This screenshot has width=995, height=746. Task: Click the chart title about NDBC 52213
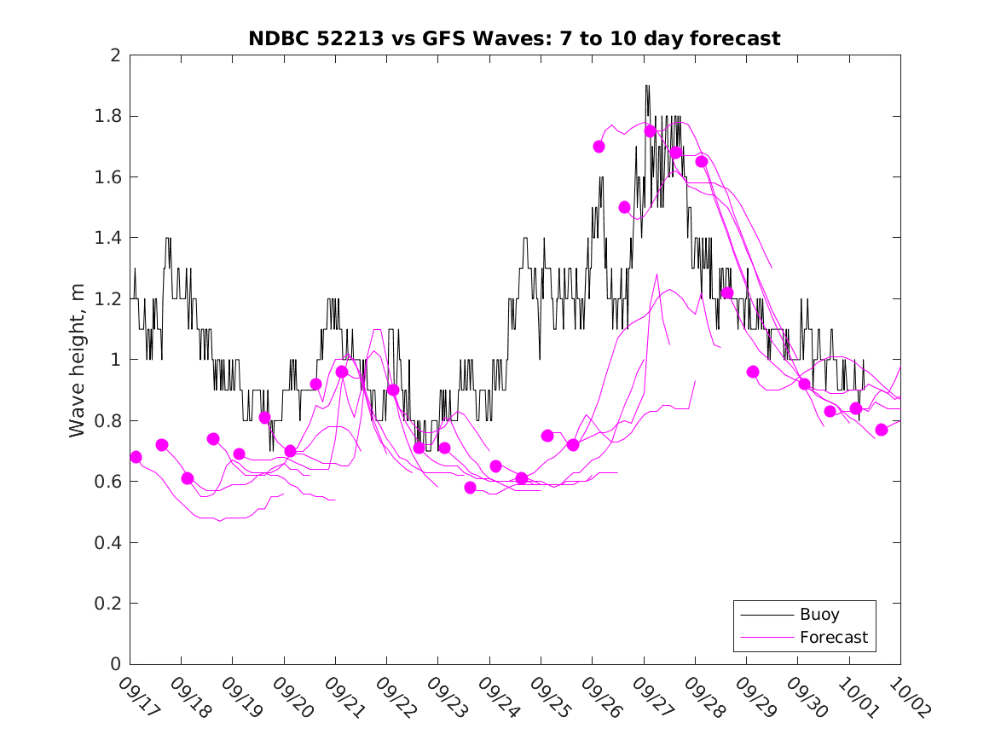pyautogui.click(x=514, y=38)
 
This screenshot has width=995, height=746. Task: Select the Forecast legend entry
pyautogui.click(x=833, y=637)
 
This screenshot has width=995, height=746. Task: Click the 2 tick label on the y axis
pyautogui.click(x=114, y=55)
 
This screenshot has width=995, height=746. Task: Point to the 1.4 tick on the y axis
pyautogui.click(x=107, y=238)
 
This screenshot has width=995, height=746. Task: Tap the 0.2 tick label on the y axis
pyautogui.click(x=107, y=604)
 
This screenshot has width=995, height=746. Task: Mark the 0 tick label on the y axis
pyautogui.click(x=114, y=664)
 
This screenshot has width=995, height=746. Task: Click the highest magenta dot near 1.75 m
pyautogui.click(x=650, y=130)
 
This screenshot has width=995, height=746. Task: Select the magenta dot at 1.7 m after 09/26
pyautogui.click(x=599, y=146)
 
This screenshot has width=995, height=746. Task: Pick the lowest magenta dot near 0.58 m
pyautogui.click(x=470, y=487)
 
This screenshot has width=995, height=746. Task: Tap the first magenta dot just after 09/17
pyautogui.click(x=136, y=457)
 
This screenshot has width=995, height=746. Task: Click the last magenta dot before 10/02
pyautogui.click(x=882, y=429)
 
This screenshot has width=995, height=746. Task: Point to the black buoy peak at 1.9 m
pyautogui.click(x=647, y=86)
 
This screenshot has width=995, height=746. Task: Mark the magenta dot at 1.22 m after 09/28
pyautogui.click(x=727, y=292)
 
